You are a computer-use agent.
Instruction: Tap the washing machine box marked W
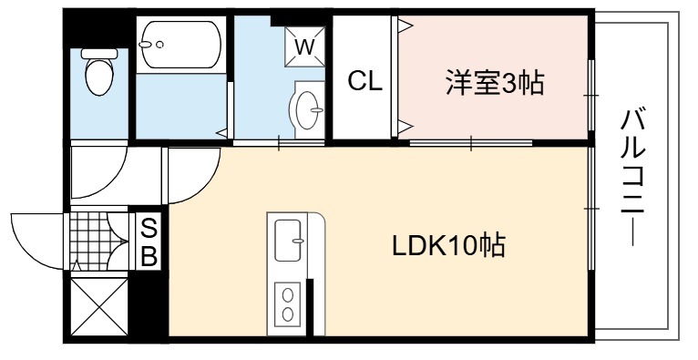304,46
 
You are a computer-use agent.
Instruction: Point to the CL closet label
365,82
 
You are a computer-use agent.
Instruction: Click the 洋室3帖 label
495,83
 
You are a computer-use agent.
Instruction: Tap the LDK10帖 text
448,246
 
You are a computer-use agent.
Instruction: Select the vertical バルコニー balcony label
633,176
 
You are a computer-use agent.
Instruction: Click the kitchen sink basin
288,241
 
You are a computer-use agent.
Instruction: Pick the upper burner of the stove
288,295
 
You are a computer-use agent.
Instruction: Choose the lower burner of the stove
288,314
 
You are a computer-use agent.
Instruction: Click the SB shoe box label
149,242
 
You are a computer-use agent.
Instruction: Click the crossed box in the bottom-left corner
99,306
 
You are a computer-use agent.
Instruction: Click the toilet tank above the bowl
99,54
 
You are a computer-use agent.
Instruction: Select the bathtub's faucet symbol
151,44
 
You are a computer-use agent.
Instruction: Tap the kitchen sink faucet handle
297,241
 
